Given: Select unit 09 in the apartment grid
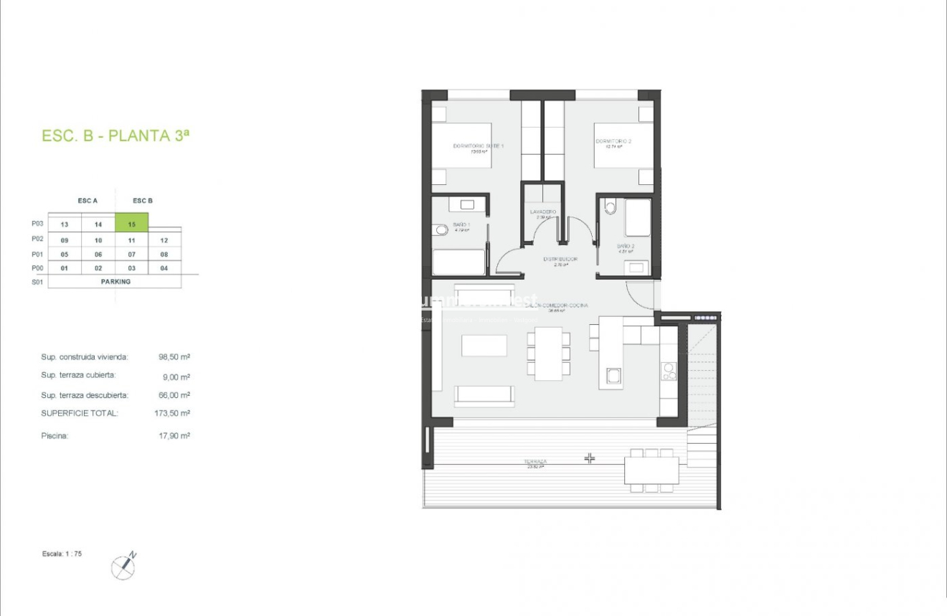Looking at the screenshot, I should click(x=65, y=240).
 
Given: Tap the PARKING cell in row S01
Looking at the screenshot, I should click(x=115, y=282).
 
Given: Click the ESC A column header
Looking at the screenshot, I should click(x=88, y=201).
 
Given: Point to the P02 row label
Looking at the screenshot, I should click(x=38, y=240).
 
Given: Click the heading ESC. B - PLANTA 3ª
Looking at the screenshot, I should click(x=116, y=136).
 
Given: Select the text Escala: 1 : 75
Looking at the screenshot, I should click(x=62, y=554).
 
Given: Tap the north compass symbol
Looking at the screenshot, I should click(x=123, y=567).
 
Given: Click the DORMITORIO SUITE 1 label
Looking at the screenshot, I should click(x=478, y=146).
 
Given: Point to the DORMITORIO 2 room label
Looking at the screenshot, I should click(x=613, y=142).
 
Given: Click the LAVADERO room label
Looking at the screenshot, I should click(x=543, y=212).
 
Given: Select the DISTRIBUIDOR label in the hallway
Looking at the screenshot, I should click(x=560, y=259).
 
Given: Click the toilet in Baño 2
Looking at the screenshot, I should click(x=610, y=207).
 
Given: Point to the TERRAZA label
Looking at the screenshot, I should click(x=535, y=462).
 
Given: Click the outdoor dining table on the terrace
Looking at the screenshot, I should click(x=651, y=470).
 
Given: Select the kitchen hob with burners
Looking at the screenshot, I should click(x=668, y=371).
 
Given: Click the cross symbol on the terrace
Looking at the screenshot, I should click(x=590, y=458).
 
